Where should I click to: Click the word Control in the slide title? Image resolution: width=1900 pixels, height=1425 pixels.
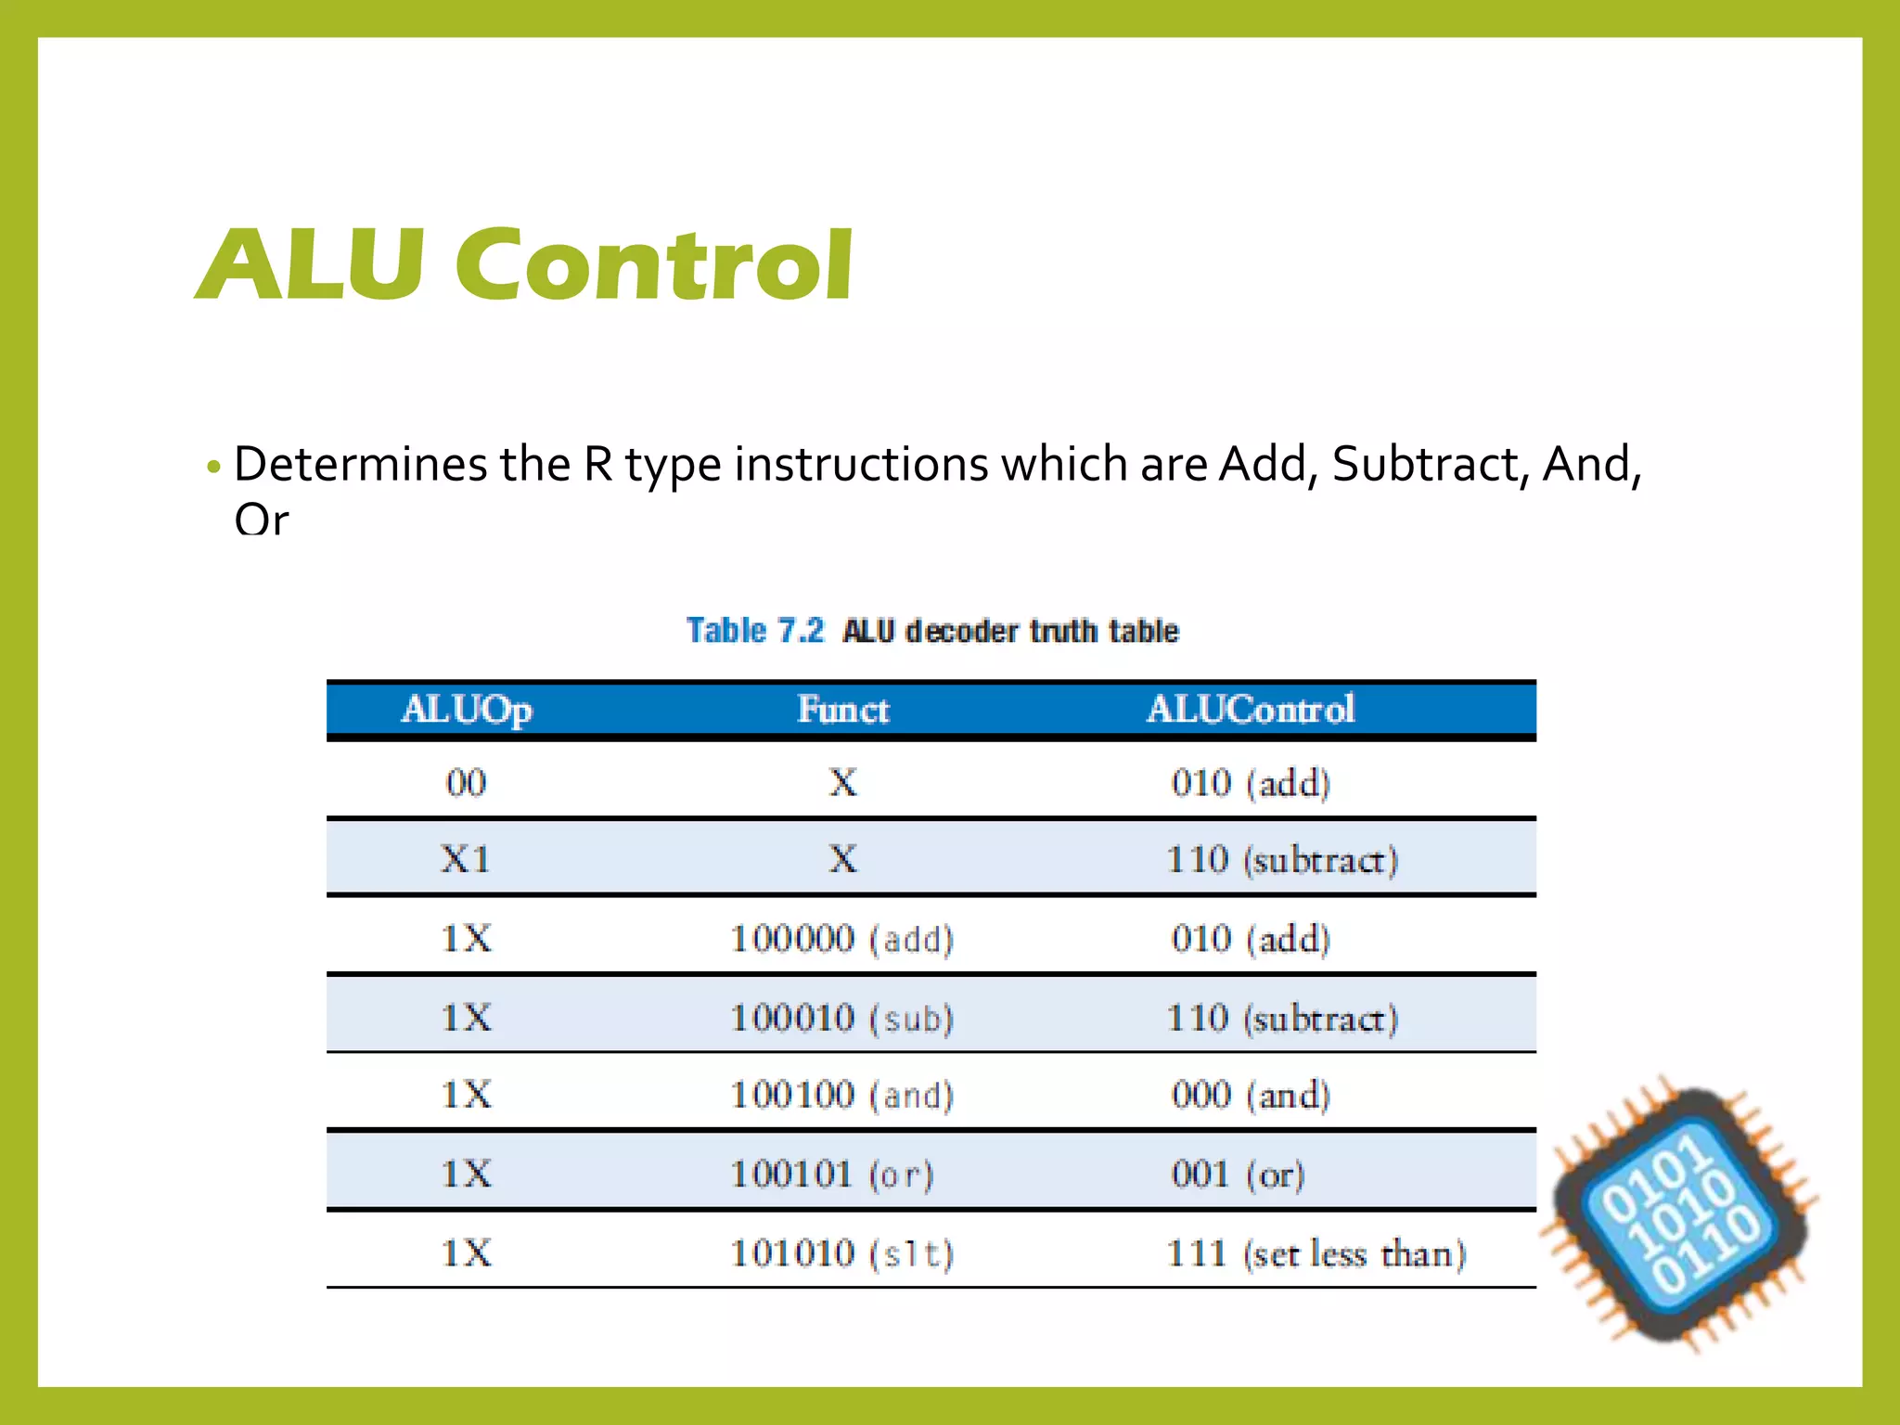[654, 266]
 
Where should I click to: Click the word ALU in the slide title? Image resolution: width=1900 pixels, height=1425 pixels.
[312, 266]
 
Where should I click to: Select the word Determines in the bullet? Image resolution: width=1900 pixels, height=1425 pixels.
[360, 464]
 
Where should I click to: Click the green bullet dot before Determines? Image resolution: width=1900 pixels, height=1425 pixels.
[214, 467]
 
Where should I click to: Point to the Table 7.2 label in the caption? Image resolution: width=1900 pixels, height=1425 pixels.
[754, 631]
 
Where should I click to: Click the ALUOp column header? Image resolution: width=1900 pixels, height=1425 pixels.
[467, 710]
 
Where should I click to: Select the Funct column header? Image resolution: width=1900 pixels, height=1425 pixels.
[842, 710]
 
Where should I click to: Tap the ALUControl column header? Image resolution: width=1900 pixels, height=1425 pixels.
[1251, 710]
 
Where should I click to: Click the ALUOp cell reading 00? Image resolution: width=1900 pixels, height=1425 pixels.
[466, 783]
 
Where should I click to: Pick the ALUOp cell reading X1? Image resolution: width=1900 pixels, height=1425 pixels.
[466, 859]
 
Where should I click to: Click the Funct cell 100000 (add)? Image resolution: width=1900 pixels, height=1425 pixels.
[841, 939]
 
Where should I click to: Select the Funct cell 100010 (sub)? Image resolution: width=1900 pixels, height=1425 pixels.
[841, 1019]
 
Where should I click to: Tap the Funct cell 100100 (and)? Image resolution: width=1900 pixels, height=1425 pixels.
[841, 1096]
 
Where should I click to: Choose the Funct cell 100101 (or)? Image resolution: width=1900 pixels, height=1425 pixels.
[831, 1175]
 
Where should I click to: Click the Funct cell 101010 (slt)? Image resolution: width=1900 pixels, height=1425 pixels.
[841, 1254]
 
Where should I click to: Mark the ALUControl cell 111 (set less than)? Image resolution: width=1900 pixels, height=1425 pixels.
[1316, 1254]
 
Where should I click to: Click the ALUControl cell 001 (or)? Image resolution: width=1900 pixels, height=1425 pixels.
[1238, 1175]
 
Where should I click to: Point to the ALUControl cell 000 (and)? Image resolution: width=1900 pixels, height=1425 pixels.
[1251, 1096]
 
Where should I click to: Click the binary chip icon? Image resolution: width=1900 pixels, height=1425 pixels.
[1680, 1215]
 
